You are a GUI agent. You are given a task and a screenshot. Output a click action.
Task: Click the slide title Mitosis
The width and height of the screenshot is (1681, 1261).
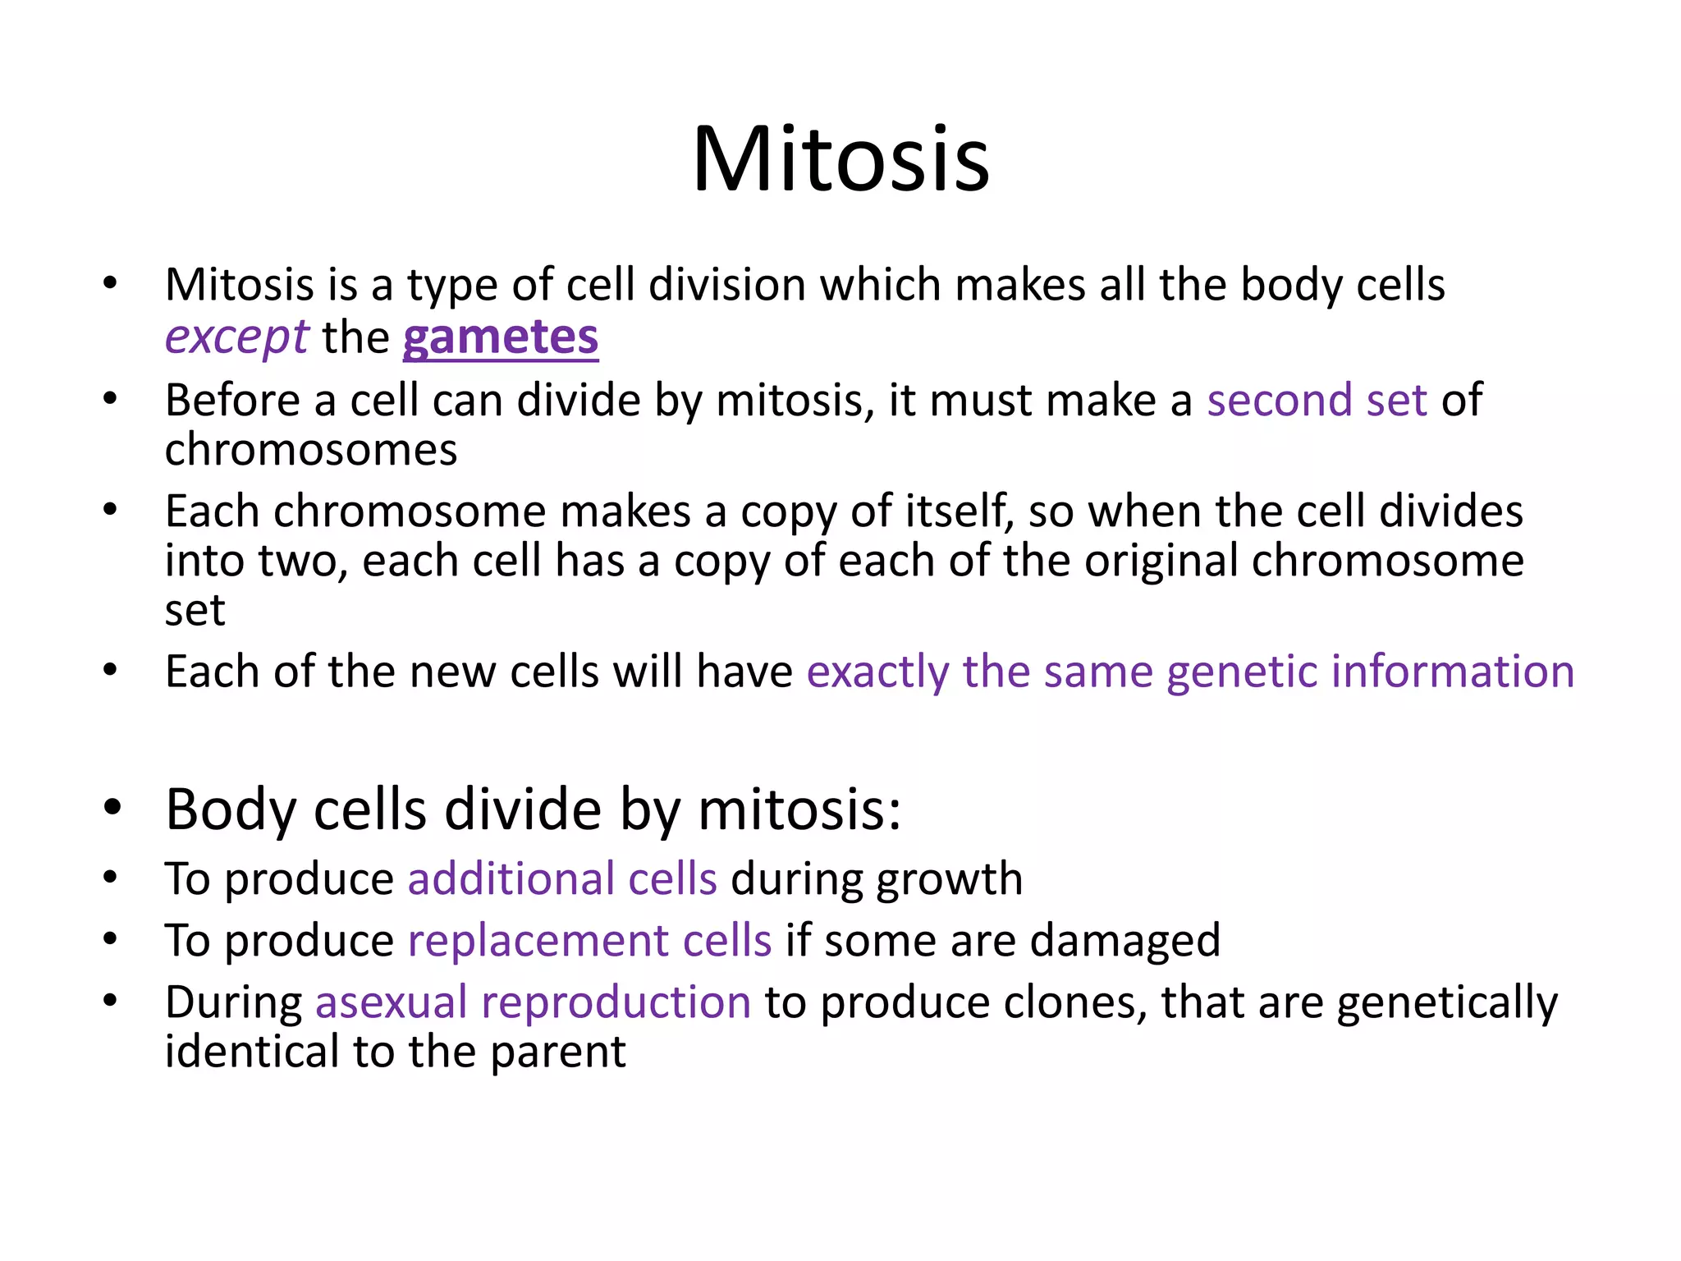[840, 159]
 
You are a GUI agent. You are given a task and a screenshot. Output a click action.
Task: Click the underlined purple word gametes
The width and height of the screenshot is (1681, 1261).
[500, 337]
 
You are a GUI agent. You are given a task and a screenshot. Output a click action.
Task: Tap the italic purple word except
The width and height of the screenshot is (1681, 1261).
[236, 337]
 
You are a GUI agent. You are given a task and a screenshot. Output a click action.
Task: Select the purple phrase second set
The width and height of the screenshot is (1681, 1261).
[1317, 401]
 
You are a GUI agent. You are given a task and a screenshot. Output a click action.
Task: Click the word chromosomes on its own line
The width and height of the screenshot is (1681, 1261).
[310, 450]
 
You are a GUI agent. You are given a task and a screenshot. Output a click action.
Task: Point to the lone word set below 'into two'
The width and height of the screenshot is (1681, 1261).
[195, 611]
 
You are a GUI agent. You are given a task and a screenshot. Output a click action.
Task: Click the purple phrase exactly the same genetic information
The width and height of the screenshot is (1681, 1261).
[1189, 672]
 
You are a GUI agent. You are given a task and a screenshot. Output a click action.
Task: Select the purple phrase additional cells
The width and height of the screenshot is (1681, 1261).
[562, 878]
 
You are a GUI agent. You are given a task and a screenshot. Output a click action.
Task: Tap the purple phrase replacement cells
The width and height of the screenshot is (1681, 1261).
[589, 940]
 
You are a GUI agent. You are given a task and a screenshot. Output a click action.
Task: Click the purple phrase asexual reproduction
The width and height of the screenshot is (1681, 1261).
[533, 1002]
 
